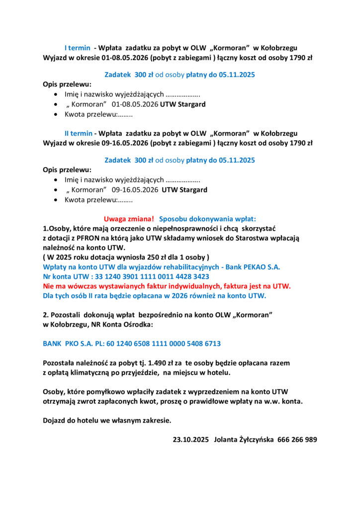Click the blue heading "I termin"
click(x=78, y=48)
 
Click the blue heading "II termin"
click(x=79, y=133)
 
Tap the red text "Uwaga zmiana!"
click(x=129, y=219)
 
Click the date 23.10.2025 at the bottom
click(x=190, y=439)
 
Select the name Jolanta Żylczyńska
click(x=243, y=439)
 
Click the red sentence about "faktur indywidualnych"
click(x=167, y=286)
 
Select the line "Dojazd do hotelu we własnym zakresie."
click(x=107, y=421)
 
